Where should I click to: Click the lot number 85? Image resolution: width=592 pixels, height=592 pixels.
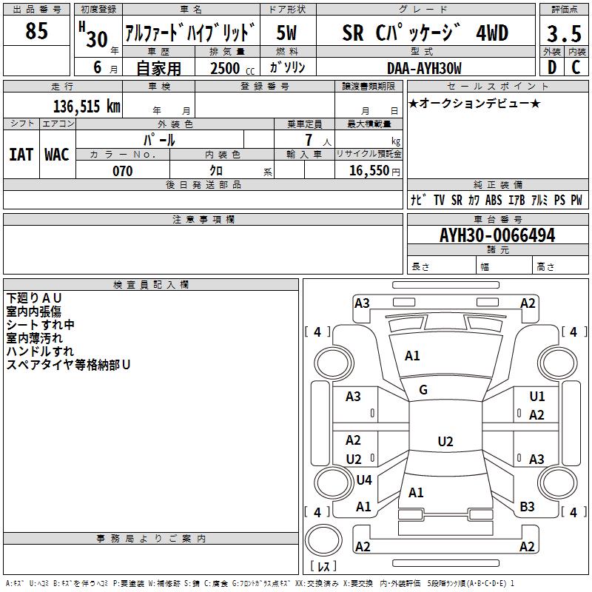click(36, 31)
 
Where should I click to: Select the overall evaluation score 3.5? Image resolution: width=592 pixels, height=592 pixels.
click(563, 34)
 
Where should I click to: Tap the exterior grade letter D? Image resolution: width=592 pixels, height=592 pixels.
click(551, 67)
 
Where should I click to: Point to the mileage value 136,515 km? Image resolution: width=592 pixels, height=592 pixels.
click(87, 106)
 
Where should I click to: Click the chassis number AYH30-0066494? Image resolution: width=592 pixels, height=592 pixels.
click(497, 235)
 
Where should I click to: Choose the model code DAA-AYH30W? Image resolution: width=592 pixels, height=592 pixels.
click(424, 68)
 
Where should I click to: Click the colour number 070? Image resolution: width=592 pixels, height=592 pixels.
click(122, 171)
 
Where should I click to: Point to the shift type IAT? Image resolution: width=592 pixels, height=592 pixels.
click(21, 154)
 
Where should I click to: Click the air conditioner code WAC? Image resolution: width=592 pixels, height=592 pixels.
click(56, 154)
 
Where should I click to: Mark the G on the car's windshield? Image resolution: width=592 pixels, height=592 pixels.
click(423, 390)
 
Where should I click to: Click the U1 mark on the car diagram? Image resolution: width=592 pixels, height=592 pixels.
click(536, 397)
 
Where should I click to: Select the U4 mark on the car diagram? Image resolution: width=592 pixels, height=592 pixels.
click(363, 480)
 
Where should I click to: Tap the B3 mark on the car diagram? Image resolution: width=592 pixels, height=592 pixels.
click(527, 507)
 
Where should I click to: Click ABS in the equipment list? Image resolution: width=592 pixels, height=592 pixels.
click(494, 200)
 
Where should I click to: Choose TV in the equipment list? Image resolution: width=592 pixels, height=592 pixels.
click(439, 200)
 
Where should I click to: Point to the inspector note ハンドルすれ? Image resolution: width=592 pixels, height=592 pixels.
click(40, 351)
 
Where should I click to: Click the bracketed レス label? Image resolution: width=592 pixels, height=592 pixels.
click(323, 566)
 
